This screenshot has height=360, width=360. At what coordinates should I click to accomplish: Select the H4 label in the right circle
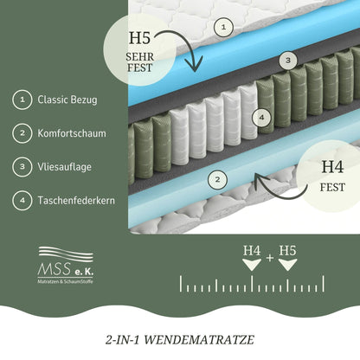[x=331, y=167]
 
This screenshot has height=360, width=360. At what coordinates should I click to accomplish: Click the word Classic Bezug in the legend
[x=67, y=100]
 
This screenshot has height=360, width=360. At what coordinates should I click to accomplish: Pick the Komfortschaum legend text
[x=74, y=134]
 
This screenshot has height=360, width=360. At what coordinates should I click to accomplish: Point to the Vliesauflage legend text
[x=67, y=168]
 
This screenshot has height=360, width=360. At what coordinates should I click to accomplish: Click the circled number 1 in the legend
[x=18, y=100]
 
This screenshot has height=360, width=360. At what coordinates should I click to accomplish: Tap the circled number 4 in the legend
[x=18, y=202]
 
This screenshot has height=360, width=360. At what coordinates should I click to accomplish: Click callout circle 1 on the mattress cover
[x=223, y=27]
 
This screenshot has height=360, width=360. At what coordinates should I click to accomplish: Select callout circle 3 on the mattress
[x=288, y=61]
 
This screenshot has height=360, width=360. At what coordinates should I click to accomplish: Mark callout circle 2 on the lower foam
[x=218, y=179]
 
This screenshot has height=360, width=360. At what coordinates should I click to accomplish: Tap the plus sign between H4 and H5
[x=269, y=257]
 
